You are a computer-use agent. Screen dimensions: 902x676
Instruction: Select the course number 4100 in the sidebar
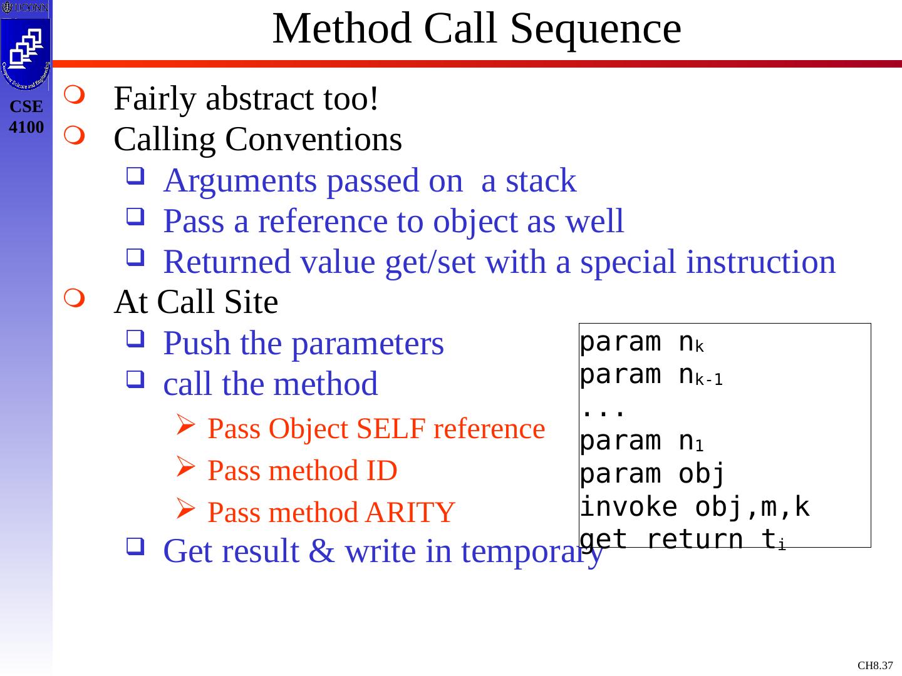(x=26, y=128)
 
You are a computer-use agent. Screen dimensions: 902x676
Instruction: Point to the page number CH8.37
(x=875, y=665)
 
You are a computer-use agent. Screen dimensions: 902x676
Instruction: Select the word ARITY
(x=410, y=513)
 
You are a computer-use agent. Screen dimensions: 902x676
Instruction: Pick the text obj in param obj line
(x=702, y=474)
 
